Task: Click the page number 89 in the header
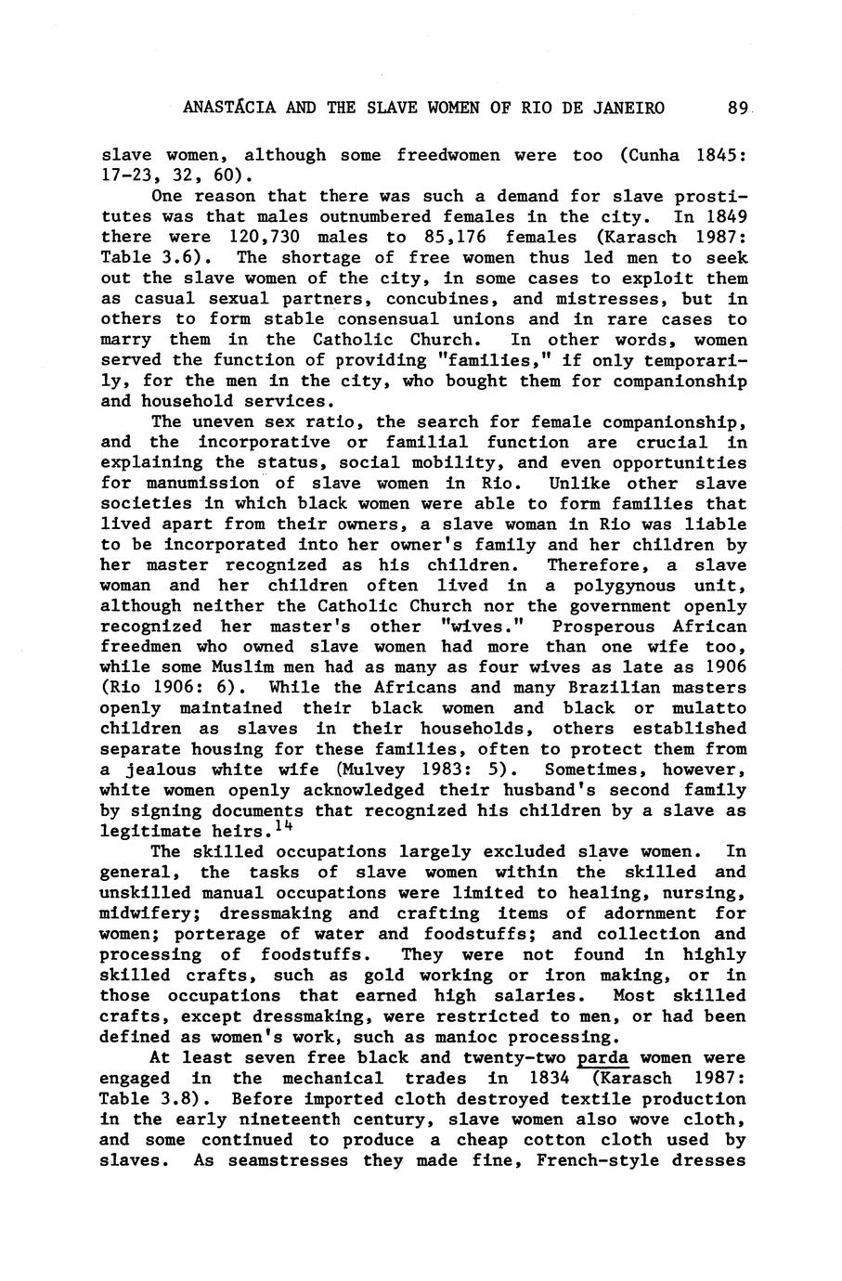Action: (x=738, y=109)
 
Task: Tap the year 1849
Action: (x=725, y=216)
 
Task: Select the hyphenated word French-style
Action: (x=597, y=1160)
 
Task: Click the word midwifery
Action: (x=144, y=913)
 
